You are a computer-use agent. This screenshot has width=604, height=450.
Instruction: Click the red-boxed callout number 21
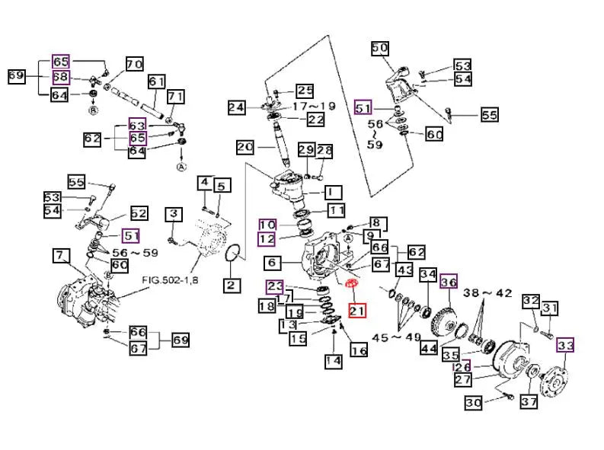(357, 310)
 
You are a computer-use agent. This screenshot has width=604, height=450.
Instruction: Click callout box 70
(134, 65)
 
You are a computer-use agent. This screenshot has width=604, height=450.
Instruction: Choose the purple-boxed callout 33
(566, 346)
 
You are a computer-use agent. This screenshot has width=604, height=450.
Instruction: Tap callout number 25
(305, 91)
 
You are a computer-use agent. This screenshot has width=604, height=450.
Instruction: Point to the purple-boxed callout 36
(450, 280)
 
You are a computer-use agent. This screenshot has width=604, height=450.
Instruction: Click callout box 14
(333, 361)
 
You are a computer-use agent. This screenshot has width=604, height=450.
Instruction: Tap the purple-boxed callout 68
(61, 78)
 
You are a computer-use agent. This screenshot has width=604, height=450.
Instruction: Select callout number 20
(244, 147)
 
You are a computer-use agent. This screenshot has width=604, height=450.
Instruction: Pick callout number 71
(176, 97)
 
